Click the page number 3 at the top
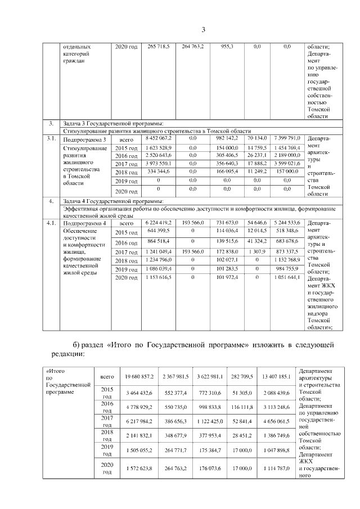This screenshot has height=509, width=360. pyautogui.click(x=204, y=30)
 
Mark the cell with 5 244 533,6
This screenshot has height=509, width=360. pyautogui.click(x=287, y=223)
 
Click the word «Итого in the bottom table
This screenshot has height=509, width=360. pyautogui.click(x=55, y=371)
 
